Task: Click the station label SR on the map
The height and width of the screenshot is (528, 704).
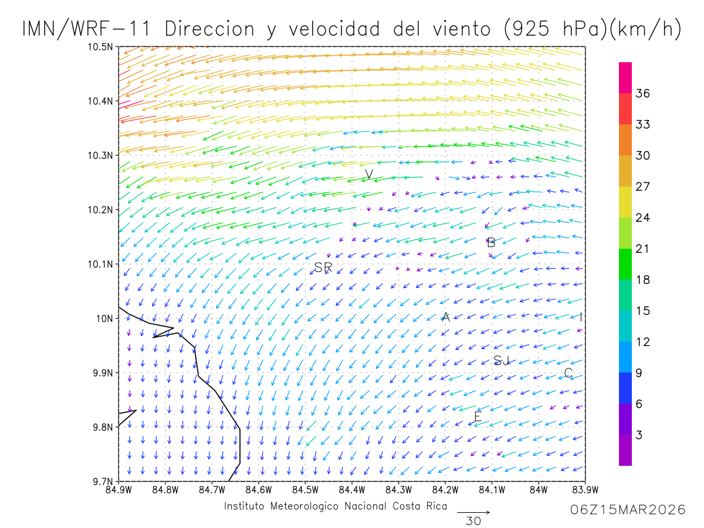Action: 323,268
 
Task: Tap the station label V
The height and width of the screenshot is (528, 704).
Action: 369,174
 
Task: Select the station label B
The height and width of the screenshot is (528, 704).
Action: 491,242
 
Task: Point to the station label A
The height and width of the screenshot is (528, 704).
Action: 445,317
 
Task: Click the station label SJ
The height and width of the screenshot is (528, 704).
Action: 502,360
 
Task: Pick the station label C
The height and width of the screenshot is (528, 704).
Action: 568,373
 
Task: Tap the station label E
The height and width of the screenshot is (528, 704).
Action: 478,417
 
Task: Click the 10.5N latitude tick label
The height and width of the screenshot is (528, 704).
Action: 101,47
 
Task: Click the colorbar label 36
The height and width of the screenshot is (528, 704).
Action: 643,93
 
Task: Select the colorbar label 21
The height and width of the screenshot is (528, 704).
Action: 643,249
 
